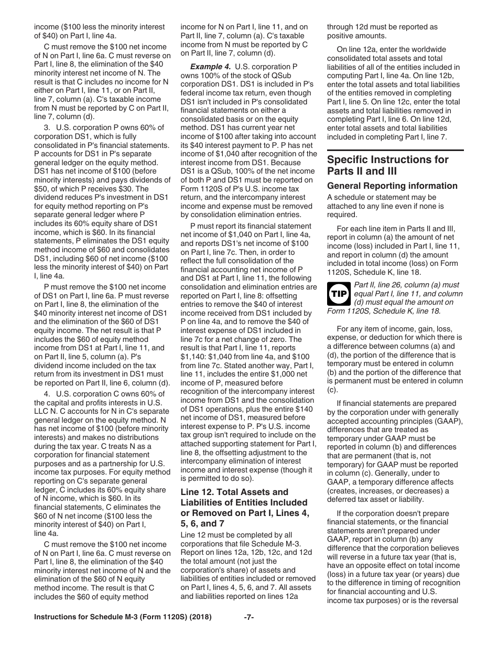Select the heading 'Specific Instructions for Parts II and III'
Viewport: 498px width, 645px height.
[x=387, y=165]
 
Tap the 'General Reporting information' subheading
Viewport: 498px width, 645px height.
[x=392, y=186]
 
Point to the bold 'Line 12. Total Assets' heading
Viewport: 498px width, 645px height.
[x=234, y=492]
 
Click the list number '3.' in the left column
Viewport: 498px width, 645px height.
[x=47, y=127]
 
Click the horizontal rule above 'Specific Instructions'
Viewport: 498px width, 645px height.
[x=395, y=150]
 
